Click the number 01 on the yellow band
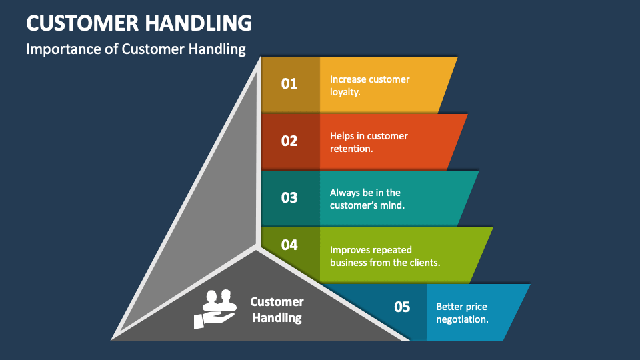289,84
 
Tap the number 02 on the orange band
289,141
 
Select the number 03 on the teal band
289,198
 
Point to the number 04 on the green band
289,245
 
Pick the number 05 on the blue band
402,307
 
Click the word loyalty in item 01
345,92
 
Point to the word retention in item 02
350,149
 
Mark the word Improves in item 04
350,250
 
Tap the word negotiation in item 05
461,319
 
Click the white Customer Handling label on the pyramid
277,310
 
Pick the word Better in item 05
450,307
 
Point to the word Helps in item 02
343,136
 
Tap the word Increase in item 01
349,79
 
